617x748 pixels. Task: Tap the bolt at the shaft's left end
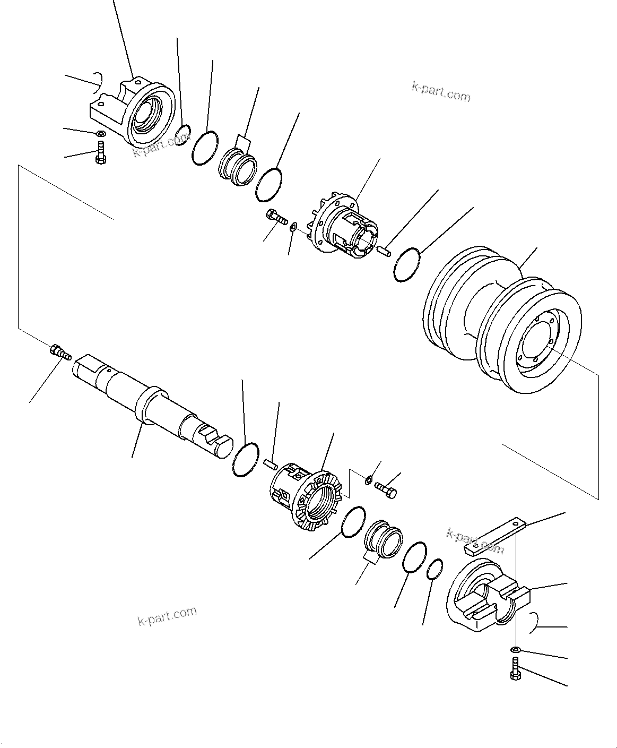coord(60,352)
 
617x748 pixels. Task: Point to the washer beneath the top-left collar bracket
coord(100,134)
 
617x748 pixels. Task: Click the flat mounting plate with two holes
coord(493,536)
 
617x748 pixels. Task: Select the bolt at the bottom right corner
coord(515,668)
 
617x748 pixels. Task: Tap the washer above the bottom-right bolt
coord(515,649)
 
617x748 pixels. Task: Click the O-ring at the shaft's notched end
coord(246,459)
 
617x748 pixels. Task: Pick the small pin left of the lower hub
coord(271,465)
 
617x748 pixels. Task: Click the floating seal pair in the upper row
coord(238,167)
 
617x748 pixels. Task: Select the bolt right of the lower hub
coord(386,489)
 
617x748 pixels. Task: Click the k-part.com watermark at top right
coord(441,92)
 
